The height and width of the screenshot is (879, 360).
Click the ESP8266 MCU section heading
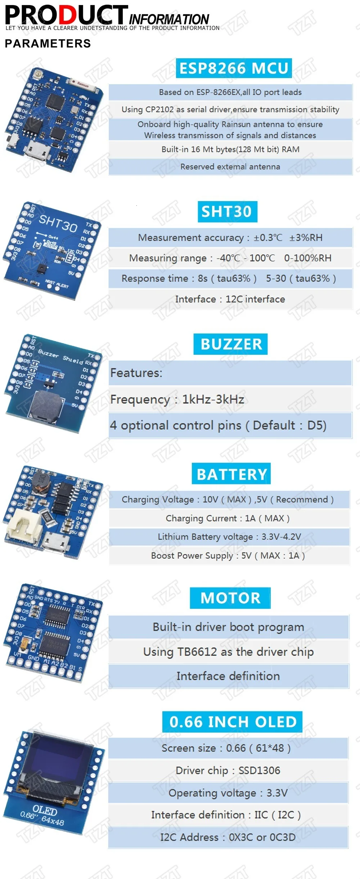click(234, 68)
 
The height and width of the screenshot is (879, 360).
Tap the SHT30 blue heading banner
click(227, 212)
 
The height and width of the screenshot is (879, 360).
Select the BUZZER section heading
click(230, 344)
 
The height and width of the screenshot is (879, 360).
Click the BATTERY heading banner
click(231, 474)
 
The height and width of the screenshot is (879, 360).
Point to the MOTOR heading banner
click(230, 598)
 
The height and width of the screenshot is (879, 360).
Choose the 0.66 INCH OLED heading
click(232, 722)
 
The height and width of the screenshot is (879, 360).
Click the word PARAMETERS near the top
click(48, 44)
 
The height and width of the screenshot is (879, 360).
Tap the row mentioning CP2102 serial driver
click(230, 109)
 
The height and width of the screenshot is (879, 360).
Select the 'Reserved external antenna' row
click(230, 167)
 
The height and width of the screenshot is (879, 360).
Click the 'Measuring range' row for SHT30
click(230, 258)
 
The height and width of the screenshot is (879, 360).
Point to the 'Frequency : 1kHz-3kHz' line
click(177, 399)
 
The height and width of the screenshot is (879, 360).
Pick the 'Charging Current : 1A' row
click(228, 518)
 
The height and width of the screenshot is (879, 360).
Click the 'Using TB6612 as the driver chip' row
click(228, 652)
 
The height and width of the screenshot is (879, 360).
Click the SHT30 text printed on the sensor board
click(58, 223)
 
